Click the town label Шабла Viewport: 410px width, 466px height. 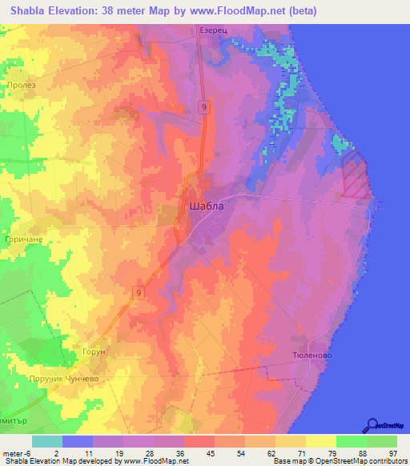point(207,206)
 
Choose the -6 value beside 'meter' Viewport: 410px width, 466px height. point(27,452)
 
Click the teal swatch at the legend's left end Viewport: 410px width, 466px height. point(47,441)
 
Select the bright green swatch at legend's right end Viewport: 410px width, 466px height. point(382,441)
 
